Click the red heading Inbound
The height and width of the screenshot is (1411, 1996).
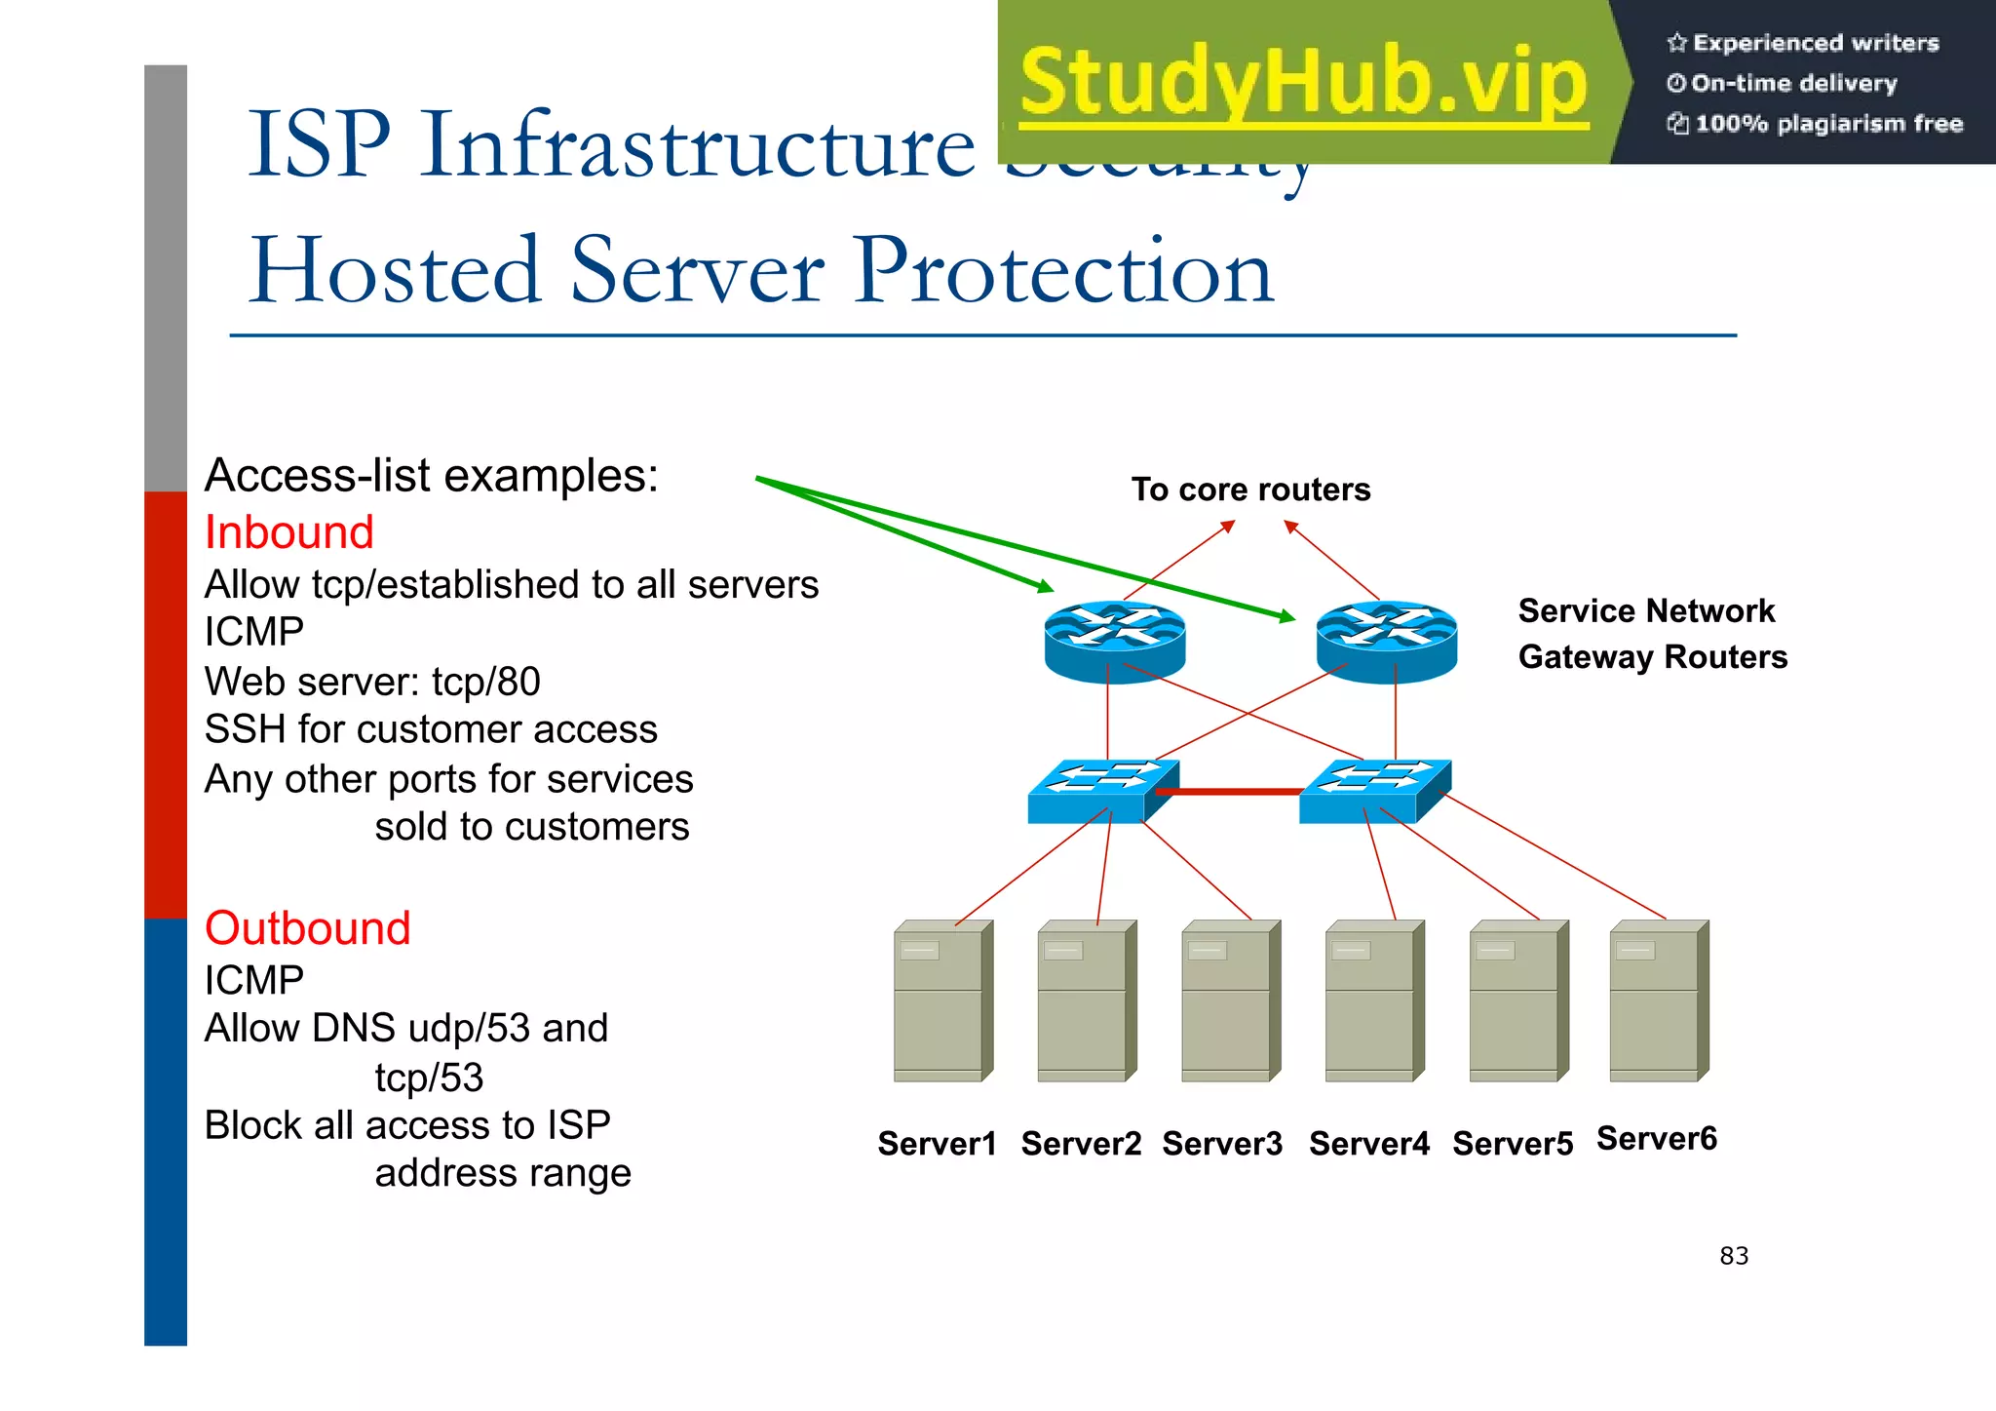[x=288, y=532]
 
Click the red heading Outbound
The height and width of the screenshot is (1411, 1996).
[x=307, y=927]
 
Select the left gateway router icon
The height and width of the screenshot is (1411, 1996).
[x=1114, y=641]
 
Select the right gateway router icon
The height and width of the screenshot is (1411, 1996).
[x=1386, y=641]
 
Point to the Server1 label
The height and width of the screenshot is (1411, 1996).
[x=937, y=1143]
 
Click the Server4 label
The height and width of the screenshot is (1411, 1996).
[x=1368, y=1143]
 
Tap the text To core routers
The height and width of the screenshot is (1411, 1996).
[x=1250, y=490]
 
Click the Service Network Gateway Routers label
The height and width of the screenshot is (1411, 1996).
[x=1652, y=634]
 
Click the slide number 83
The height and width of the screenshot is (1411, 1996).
[x=1734, y=1256]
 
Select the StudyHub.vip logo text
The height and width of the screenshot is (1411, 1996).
[x=1303, y=82]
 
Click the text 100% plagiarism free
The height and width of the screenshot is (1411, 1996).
[x=1827, y=124]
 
